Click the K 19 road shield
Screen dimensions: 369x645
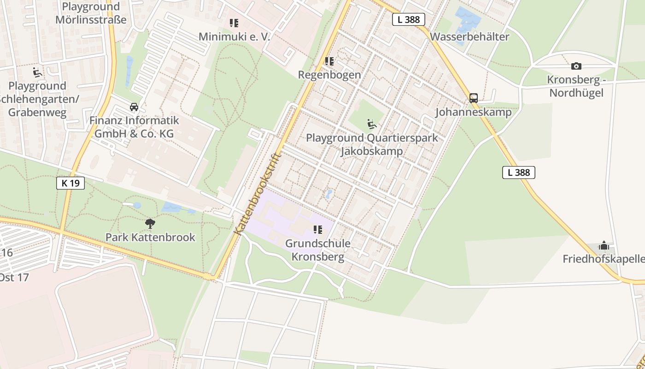70,183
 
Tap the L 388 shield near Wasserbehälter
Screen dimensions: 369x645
408,19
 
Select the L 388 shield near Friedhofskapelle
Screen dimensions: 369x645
519,173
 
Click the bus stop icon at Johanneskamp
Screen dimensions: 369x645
473,98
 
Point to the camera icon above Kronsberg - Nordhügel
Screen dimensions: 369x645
576,66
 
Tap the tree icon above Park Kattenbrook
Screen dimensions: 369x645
150,224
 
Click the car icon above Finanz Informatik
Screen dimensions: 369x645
134,107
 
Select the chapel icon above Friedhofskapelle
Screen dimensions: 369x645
604,245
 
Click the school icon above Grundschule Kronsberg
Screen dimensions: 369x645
317,229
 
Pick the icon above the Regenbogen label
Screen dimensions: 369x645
329,61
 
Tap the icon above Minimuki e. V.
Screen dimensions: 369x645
234,23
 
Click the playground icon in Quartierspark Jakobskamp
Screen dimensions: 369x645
371,124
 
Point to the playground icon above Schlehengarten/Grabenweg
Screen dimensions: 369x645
37,72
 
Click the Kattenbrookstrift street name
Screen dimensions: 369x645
257,193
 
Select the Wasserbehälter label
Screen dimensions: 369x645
469,37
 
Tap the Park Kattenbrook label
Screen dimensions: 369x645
150,238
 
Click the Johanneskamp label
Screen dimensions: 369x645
473,112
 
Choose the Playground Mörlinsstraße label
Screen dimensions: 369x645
91,13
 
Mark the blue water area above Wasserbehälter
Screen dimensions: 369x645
467,21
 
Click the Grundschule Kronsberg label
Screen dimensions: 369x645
318,250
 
